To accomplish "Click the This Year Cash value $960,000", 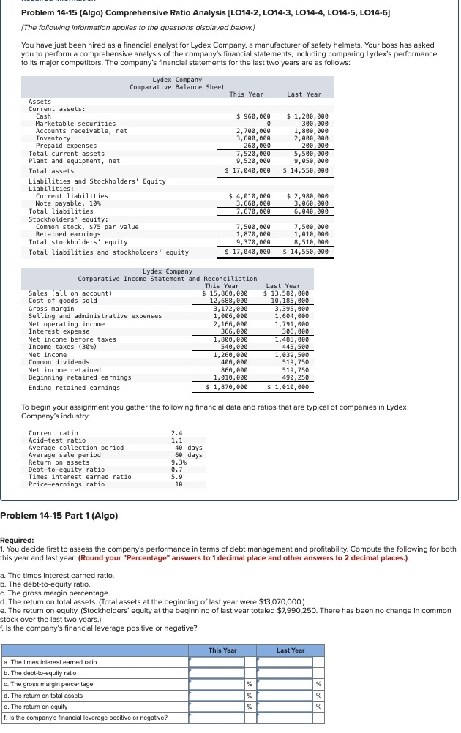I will click(x=254, y=116).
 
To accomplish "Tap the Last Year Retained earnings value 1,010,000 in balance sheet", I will click(x=310, y=234).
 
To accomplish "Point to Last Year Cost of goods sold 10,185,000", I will click(x=291, y=301).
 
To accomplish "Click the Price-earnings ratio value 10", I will click(x=178, y=484).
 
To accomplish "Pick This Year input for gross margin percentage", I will click(x=216, y=683).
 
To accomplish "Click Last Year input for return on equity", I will click(x=285, y=706).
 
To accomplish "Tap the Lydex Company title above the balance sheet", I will click(x=177, y=79).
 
